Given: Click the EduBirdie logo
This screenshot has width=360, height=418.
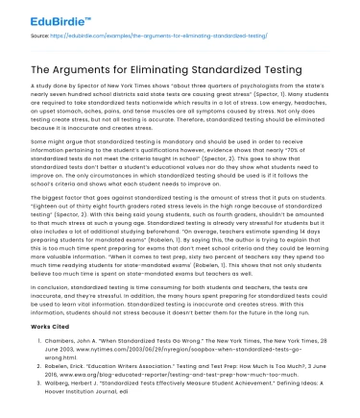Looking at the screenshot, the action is tap(45, 18).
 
